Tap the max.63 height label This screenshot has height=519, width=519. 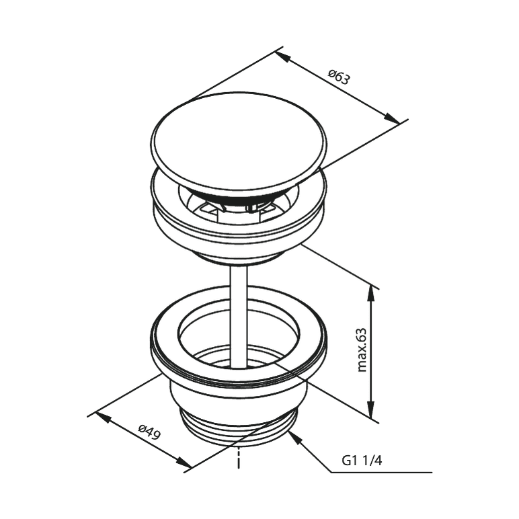point(362,350)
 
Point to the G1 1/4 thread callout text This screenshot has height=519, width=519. point(362,461)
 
